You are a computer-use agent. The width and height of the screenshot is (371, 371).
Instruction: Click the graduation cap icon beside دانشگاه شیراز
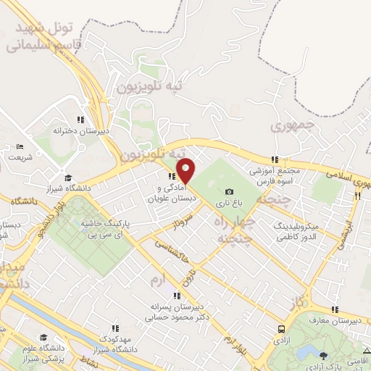tap(68, 178)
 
